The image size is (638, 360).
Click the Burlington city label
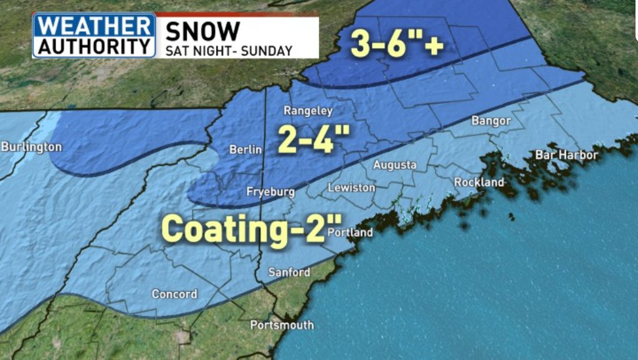pyautogui.click(x=31, y=148)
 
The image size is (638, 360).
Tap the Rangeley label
pyautogui.click(x=308, y=111)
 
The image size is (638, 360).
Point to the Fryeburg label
pyautogui.click(x=270, y=192)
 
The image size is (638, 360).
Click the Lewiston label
pyautogui.click(x=351, y=187)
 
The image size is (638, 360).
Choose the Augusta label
pyautogui.click(x=395, y=165)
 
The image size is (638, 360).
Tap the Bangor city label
pyautogui.click(x=491, y=121)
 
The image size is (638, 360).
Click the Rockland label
pyautogui.click(x=479, y=182)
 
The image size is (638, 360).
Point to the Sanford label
pyautogui.click(x=289, y=272)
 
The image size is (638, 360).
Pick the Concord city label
pyautogui.click(x=175, y=294)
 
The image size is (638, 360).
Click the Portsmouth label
pyautogui.click(x=282, y=325)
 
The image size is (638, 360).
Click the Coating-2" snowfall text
pyautogui.click(x=244, y=229)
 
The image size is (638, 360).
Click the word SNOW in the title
pyautogui.click(x=202, y=31)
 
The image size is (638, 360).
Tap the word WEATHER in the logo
pyautogui.click(x=94, y=27)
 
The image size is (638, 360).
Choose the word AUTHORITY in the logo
pyautogui.click(x=94, y=45)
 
